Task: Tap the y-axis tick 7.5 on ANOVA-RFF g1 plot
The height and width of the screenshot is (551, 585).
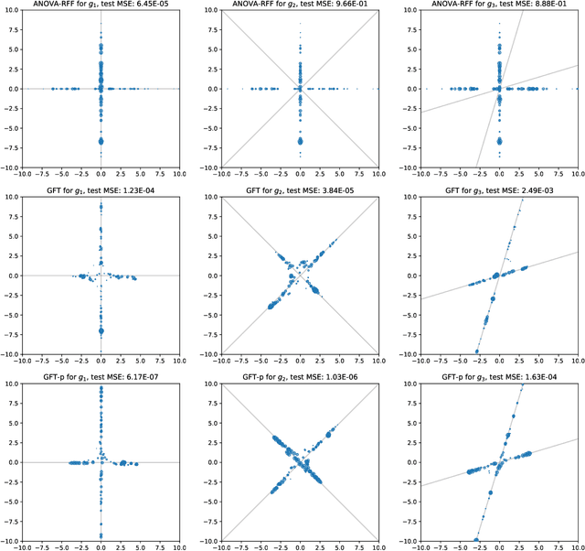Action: pos(11,29)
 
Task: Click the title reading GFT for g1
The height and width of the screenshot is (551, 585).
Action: pos(71,191)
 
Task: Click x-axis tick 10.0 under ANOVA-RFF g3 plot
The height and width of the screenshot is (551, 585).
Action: pos(576,174)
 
